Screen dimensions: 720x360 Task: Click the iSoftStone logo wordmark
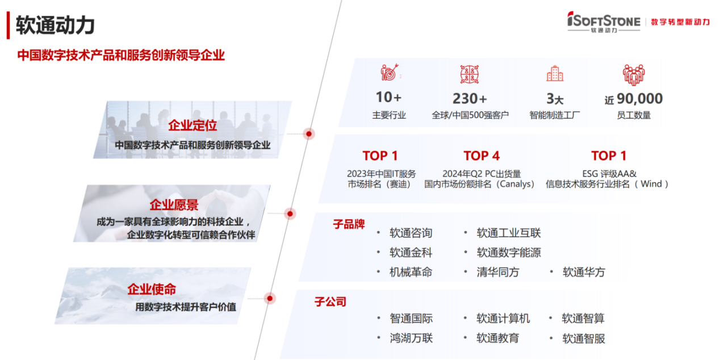pyautogui.click(x=604, y=22)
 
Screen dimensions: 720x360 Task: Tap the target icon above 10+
pyautogui.click(x=390, y=72)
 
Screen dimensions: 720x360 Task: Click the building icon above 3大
pyautogui.click(x=555, y=74)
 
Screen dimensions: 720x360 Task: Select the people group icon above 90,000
pyautogui.click(x=634, y=74)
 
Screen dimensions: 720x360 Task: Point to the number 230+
pyautogui.click(x=470, y=99)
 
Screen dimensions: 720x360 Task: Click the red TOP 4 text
pyautogui.click(x=482, y=156)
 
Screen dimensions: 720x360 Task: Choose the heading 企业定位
pyautogui.click(x=192, y=125)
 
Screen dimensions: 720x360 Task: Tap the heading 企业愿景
pyautogui.click(x=174, y=205)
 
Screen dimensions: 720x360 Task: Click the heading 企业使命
pyautogui.click(x=152, y=289)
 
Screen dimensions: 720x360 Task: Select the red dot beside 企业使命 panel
pyautogui.click(x=270, y=299)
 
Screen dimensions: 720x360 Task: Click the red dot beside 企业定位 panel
pyautogui.click(x=309, y=133)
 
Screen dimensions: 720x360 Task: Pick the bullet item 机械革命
pyautogui.click(x=411, y=272)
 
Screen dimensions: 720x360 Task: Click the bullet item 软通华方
pyautogui.click(x=584, y=272)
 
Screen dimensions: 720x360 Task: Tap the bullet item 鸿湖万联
pyautogui.click(x=411, y=338)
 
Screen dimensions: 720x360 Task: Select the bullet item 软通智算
pyautogui.click(x=583, y=318)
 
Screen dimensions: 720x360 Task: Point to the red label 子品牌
pyautogui.click(x=349, y=224)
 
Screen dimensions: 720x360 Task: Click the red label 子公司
pyautogui.click(x=330, y=302)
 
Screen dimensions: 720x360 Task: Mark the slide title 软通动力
pyautogui.click(x=55, y=25)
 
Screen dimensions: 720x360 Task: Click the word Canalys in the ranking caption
pyautogui.click(x=515, y=184)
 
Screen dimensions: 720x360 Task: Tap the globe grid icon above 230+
pyautogui.click(x=469, y=74)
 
